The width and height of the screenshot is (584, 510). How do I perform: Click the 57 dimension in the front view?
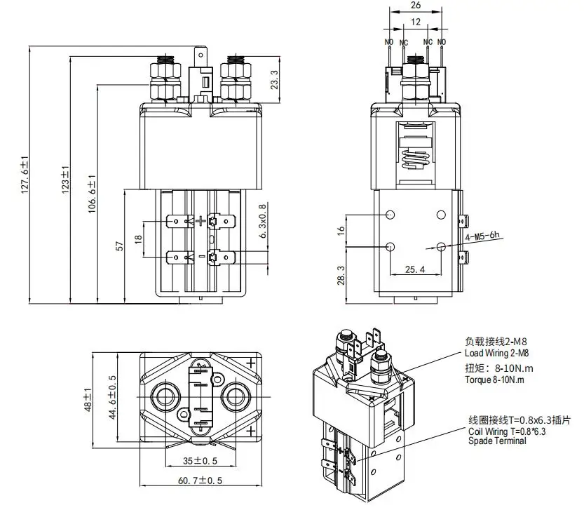point(119,246)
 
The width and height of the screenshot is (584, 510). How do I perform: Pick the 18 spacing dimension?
point(138,239)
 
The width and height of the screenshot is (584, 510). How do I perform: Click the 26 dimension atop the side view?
point(415,5)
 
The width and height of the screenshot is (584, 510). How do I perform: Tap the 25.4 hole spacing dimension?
point(415,269)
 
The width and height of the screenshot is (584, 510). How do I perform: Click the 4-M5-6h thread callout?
point(483,236)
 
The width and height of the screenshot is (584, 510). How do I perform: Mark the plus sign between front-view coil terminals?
point(202,221)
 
